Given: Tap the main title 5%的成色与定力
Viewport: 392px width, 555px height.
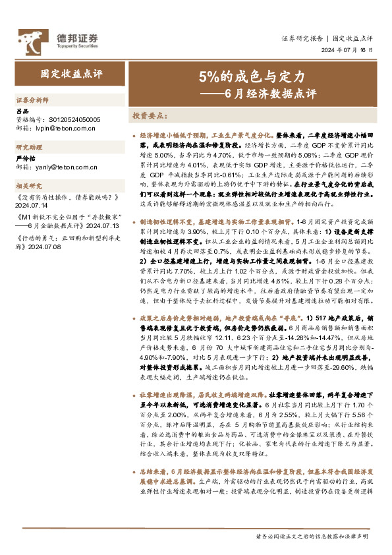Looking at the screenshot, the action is [252, 76].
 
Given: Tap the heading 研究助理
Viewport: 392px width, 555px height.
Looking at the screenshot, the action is [28, 148].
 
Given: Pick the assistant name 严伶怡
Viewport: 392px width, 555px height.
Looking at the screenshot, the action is [24, 158].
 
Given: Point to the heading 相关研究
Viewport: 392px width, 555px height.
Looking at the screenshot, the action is [28, 187].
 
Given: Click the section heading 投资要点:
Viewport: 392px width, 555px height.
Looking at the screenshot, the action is [150, 115].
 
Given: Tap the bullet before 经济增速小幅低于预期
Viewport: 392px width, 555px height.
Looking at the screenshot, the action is [134, 134].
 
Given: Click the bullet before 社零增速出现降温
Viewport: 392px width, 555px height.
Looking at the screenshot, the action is [134, 394].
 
